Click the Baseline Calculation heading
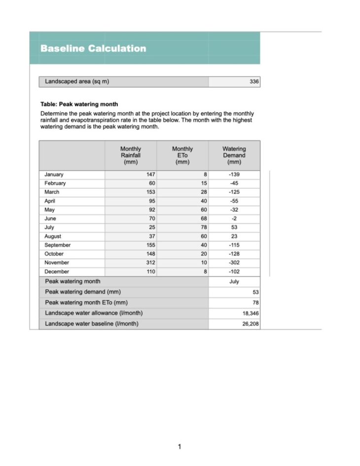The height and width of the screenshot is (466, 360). (93, 48)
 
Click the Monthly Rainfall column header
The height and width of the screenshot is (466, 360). (131, 155)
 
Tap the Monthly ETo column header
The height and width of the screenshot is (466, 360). (182, 155)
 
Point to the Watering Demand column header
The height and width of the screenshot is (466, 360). (234, 155)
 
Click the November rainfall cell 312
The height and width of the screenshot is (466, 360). (150, 263)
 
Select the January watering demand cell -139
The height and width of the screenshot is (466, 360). (234, 175)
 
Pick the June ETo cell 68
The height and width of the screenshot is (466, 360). (203, 218)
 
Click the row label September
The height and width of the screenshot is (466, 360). (57, 245)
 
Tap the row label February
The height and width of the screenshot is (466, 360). (55, 183)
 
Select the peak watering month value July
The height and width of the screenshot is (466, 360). (234, 282)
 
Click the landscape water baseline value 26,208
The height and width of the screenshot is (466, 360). (249, 324)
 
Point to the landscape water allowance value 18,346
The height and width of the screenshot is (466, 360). (249, 313)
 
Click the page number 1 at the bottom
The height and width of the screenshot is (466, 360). (180, 447)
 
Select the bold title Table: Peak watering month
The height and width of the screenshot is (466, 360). (79, 105)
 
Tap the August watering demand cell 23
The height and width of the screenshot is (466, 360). (234, 236)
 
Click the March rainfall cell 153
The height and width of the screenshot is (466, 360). (150, 192)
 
